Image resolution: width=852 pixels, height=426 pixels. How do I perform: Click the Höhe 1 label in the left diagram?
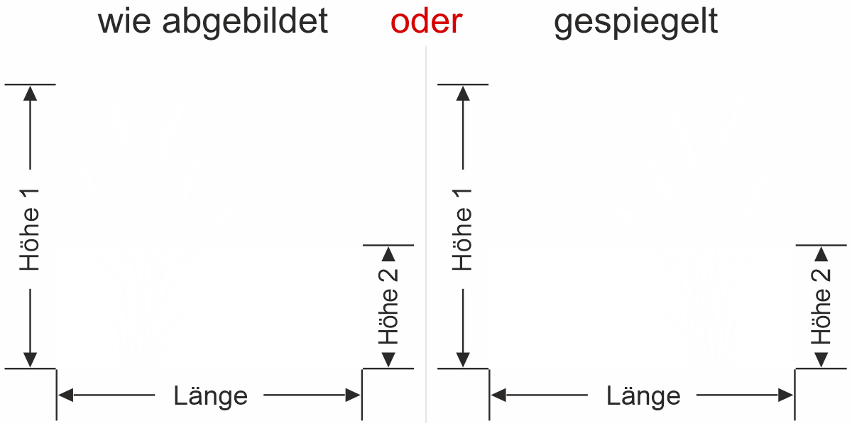[x=30, y=229]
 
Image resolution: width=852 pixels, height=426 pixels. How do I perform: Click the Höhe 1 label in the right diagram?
[x=463, y=229]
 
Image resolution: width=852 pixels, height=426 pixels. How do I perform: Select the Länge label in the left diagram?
[x=211, y=395]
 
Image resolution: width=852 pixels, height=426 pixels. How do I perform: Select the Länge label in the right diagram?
[x=643, y=395]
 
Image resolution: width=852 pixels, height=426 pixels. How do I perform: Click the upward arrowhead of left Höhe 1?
[x=30, y=92]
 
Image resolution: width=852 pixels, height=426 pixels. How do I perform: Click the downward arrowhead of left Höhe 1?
[x=30, y=361]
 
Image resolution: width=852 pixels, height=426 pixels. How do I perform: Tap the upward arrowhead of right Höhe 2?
[x=821, y=253]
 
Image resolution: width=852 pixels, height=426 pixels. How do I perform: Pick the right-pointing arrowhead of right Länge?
[x=786, y=395]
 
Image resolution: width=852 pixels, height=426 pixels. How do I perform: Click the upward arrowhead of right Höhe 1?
[x=463, y=92]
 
